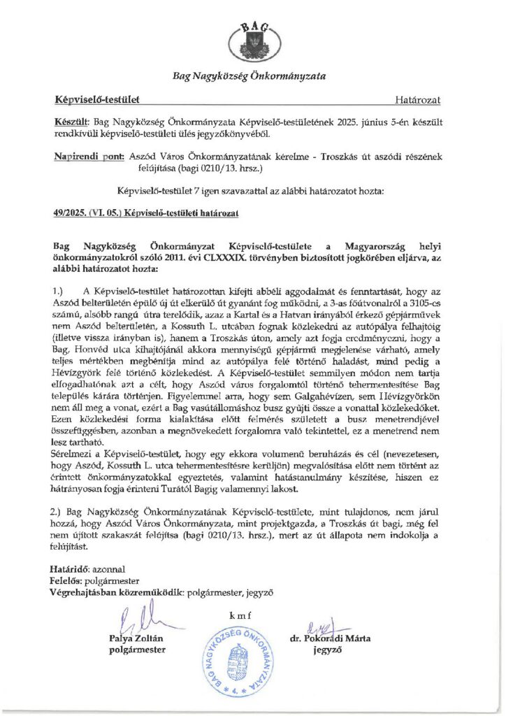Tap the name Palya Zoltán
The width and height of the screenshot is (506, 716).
tap(140, 638)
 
